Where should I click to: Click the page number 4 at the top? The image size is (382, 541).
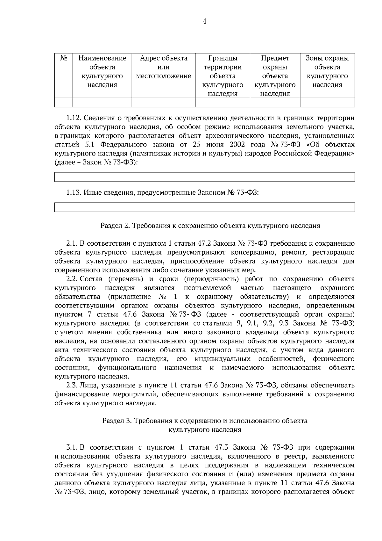click(204, 22)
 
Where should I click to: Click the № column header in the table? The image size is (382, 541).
click(64, 58)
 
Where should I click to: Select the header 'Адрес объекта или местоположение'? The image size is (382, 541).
click(163, 67)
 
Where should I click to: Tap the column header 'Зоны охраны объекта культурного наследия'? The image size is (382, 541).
click(327, 71)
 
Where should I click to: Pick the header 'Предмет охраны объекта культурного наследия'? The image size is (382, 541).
click(275, 76)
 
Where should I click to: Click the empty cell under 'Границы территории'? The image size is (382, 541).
click(223, 102)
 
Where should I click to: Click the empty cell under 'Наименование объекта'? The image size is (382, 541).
click(102, 102)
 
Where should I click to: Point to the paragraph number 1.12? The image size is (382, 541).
click(74, 118)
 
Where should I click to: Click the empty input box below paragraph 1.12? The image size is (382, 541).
click(204, 177)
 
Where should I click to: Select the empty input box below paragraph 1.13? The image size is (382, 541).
click(204, 207)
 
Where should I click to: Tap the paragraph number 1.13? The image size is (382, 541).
click(74, 192)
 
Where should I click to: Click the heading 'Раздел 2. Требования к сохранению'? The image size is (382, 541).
click(210, 226)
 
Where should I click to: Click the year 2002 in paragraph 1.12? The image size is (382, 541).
click(236, 145)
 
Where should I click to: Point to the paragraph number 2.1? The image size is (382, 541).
click(72, 244)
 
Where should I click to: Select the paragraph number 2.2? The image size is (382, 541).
click(72, 279)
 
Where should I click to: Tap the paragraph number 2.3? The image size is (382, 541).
click(72, 386)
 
